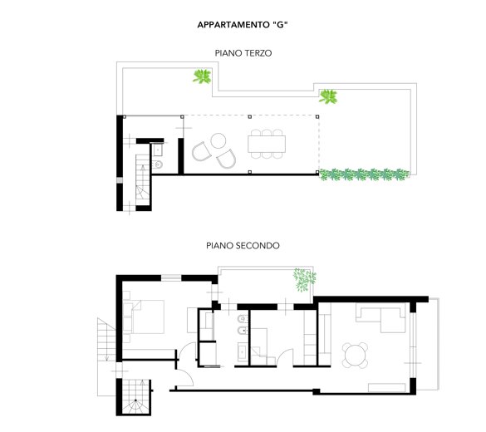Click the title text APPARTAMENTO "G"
point(243,25)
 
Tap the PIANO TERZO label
point(243,53)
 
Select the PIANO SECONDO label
point(243,246)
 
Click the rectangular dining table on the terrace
point(267,144)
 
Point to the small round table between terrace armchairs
point(218,140)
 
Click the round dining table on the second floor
point(355,355)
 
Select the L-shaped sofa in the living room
point(380,317)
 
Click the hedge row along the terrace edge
point(364,174)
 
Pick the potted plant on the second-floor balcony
point(304,279)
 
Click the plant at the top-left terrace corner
point(202,76)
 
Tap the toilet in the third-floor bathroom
point(158,164)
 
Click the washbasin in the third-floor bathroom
point(158,150)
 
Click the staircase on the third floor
point(143,179)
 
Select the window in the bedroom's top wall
point(171,277)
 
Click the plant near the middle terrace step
point(328,96)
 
